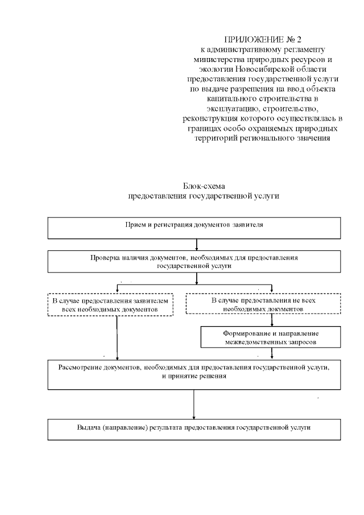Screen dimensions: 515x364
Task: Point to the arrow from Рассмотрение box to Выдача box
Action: coord(195,405)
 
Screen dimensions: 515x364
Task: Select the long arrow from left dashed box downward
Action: coord(117,337)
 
